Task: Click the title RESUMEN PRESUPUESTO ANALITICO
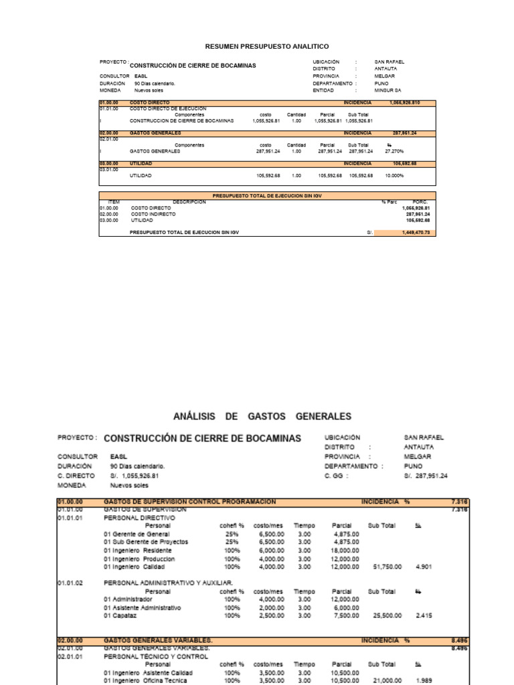266,46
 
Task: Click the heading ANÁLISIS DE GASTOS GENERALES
262,416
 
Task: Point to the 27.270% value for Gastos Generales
394,151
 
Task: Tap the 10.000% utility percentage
394,175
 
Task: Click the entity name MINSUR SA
388,90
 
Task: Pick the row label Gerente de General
136,534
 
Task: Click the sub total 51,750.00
388,567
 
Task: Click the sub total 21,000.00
388,680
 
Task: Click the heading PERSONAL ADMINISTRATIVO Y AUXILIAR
168,583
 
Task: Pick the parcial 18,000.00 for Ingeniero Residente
346,550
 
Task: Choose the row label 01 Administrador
128,599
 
